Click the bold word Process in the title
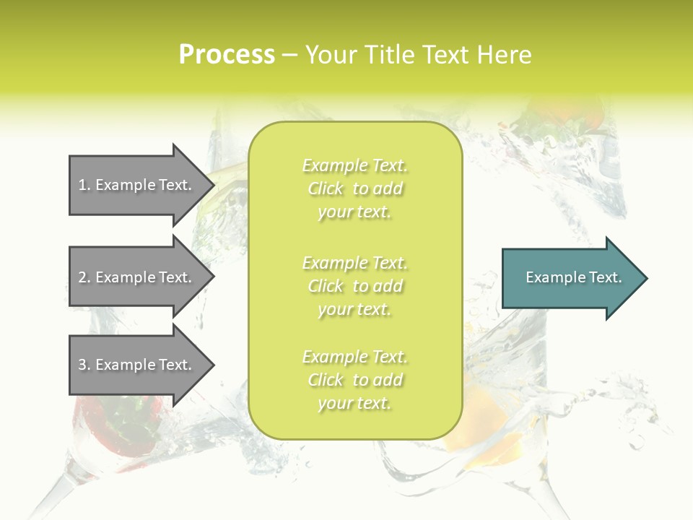click(x=227, y=55)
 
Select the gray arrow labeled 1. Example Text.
click(x=137, y=185)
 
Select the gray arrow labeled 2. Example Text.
click(x=137, y=277)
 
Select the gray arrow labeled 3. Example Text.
click(x=137, y=365)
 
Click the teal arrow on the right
click(x=570, y=278)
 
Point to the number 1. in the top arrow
click(x=84, y=186)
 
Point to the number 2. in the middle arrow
click(x=84, y=277)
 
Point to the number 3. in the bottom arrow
click(x=84, y=365)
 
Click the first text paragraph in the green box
click(x=354, y=188)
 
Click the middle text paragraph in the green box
click(x=354, y=286)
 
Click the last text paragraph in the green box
click(x=354, y=380)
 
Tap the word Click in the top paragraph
click(x=326, y=189)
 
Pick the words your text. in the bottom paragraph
click(x=354, y=403)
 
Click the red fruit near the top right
click(x=570, y=116)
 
